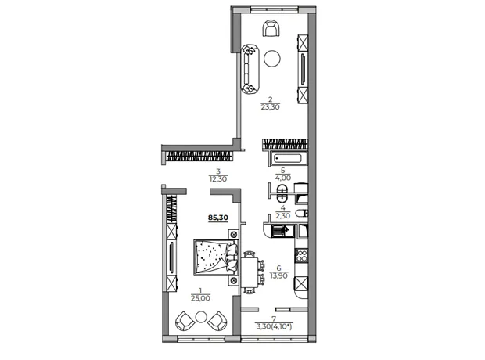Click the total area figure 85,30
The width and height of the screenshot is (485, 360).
pyautogui.click(x=217, y=218)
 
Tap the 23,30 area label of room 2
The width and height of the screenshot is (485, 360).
pyautogui.click(x=270, y=107)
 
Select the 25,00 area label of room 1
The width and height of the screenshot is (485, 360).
pyautogui.click(x=200, y=298)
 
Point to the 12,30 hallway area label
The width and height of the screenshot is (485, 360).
pyautogui.click(x=218, y=179)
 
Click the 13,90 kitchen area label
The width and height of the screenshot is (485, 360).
pyautogui.click(x=278, y=275)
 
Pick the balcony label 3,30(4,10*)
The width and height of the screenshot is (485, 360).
pyautogui.click(x=274, y=326)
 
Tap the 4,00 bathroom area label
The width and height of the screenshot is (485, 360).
pyautogui.click(x=282, y=178)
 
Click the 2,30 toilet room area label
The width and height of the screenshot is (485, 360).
pyautogui.click(x=282, y=216)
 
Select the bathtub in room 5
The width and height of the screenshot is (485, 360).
pyautogui.click(x=289, y=159)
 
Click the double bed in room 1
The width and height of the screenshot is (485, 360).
pyautogui.click(x=216, y=257)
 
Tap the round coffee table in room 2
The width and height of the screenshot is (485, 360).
pyautogui.click(x=272, y=58)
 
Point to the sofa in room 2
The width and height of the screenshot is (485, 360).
pyautogui.click(x=250, y=69)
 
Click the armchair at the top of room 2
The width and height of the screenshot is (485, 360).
pyautogui.click(x=272, y=28)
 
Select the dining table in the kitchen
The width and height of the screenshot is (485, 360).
pyautogui.click(x=250, y=272)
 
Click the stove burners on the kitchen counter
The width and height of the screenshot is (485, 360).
pyautogui.click(x=301, y=256)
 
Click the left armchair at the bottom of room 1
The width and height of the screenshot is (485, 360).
pyautogui.click(x=185, y=321)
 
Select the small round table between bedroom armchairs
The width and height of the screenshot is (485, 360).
pyautogui.click(x=201, y=317)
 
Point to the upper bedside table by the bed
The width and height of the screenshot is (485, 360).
pyautogui.click(x=234, y=234)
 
